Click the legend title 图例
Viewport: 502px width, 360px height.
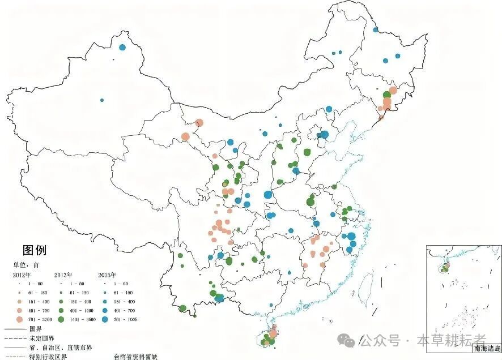[34, 250]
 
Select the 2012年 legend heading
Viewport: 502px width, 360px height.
[23, 275]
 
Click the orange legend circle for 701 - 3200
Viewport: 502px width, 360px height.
[19, 320]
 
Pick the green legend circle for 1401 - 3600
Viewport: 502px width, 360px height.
[61, 320]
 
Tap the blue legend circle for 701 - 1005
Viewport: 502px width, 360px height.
[105, 320]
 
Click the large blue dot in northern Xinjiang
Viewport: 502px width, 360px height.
[122, 47]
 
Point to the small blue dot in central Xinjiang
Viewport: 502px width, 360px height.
[102, 100]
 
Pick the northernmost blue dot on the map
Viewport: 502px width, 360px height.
[375, 29]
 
